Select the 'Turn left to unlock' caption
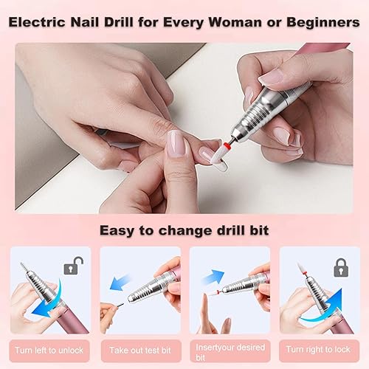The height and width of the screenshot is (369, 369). (x=49, y=348)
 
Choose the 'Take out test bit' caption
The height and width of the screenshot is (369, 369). (x=139, y=348)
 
